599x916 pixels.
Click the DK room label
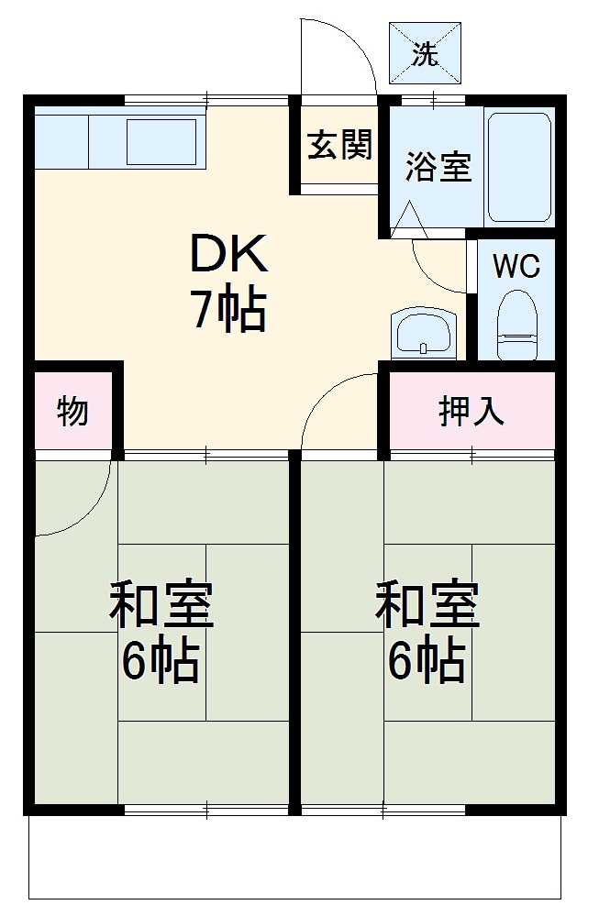click(228, 254)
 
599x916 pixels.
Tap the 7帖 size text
click(228, 312)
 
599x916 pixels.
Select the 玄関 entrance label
click(338, 145)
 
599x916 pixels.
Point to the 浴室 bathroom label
click(438, 168)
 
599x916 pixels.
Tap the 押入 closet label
click(471, 412)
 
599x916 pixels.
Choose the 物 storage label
click(72, 412)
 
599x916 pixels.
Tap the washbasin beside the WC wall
click(423, 333)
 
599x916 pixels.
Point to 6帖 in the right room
click(427, 660)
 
